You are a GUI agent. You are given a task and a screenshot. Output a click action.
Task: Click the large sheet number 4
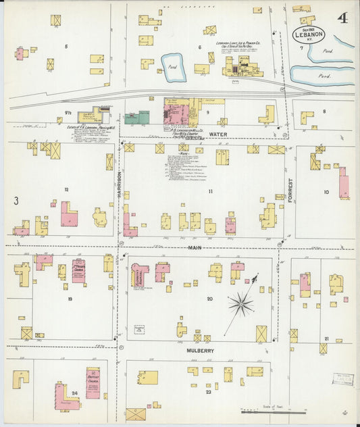(x=343, y=18)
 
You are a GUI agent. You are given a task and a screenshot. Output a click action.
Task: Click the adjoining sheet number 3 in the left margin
(x=15, y=200)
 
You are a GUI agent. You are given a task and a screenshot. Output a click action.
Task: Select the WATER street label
(x=218, y=134)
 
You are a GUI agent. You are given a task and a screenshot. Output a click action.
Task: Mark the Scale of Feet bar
(x=265, y=410)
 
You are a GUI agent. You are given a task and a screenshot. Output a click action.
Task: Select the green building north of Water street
(x=137, y=118)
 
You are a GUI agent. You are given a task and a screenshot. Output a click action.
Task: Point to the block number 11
(x=210, y=192)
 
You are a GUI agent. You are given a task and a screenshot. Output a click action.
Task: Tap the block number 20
(x=209, y=298)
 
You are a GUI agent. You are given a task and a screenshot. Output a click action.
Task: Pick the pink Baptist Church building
(x=93, y=382)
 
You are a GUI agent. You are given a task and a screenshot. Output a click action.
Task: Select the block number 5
(x=66, y=46)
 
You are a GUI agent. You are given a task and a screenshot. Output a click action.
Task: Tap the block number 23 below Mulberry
(x=209, y=392)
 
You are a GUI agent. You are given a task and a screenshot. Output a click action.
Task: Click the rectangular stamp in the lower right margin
(x=342, y=378)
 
